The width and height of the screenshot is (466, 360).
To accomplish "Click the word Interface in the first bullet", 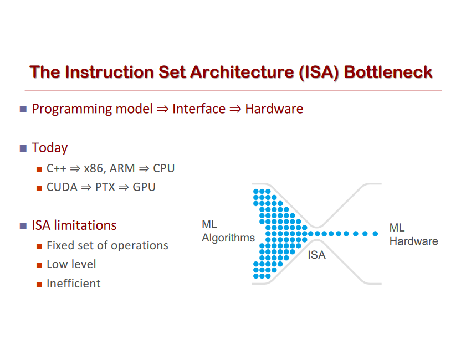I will point(199,109).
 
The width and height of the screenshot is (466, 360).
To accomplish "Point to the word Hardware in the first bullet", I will point(274,109).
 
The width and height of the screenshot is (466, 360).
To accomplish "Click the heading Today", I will point(50,148).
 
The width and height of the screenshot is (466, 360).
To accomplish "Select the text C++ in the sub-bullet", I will point(56,168).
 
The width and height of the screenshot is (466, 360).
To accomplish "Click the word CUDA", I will point(62,187).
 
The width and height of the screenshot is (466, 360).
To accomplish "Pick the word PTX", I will point(105,187).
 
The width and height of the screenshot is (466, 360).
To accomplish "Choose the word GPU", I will point(144,187).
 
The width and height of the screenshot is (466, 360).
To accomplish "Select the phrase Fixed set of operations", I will point(107,245).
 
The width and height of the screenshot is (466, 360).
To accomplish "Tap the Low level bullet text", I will point(71,264).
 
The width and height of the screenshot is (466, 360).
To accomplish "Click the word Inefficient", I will point(74,284).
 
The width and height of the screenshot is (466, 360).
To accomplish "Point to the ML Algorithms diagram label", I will point(228,232).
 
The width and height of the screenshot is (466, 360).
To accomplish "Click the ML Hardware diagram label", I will point(413,235).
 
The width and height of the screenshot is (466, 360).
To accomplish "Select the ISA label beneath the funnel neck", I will point(317,255).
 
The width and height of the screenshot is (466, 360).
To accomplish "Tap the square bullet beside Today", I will point(23,148).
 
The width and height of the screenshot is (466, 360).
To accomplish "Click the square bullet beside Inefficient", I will point(39,284).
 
